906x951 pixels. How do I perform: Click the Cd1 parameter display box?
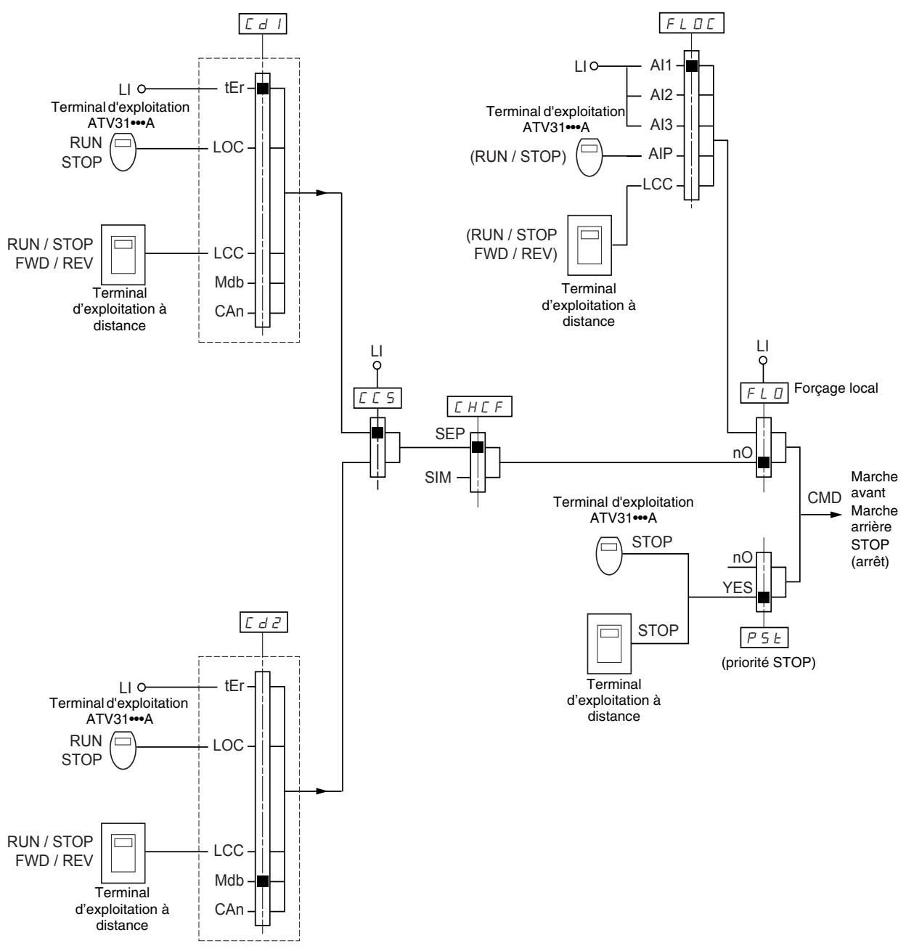coord(263,24)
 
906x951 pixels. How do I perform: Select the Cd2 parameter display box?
coord(264,622)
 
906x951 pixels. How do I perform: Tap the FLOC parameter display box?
coord(691,23)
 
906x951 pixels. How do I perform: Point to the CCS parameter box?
coord(377,398)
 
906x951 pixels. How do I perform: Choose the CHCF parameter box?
coord(479,407)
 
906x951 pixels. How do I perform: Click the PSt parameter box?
coord(764,637)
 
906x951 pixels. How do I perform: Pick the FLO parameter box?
coord(764,393)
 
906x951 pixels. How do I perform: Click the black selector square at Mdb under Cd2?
coord(263,881)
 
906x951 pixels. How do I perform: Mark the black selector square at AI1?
coord(692,66)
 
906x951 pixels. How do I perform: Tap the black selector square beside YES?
coord(764,597)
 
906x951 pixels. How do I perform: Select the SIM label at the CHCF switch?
coord(438,478)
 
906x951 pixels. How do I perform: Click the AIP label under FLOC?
coord(661,153)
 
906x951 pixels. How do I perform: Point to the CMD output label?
coord(824,497)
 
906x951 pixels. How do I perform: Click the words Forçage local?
coord(836,388)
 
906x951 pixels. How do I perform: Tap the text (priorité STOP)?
coord(768,662)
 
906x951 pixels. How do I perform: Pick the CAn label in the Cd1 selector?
coord(229,311)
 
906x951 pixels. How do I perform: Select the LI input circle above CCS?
coord(377,365)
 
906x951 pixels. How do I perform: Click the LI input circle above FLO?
coord(763,360)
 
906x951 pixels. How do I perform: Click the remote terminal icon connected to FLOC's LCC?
coord(589,245)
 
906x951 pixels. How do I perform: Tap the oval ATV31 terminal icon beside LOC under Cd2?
coord(123,750)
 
